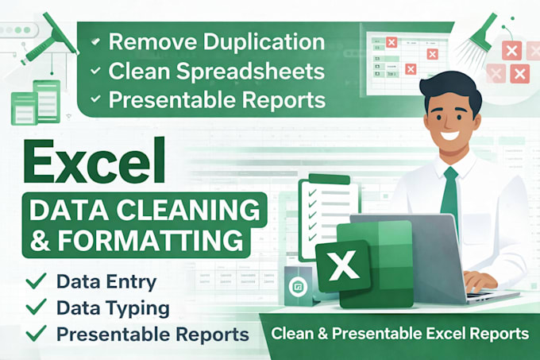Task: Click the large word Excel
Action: [x=94, y=162]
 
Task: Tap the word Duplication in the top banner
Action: [x=264, y=41]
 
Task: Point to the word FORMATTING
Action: [x=151, y=239]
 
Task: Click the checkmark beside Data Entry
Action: [x=37, y=281]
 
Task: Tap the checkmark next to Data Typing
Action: [x=37, y=306]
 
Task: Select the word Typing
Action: [x=141, y=309]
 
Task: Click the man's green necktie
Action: [x=449, y=192]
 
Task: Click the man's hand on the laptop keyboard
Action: [x=480, y=281]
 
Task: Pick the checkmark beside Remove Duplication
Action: [x=95, y=41]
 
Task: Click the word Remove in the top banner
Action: [x=153, y=41]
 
